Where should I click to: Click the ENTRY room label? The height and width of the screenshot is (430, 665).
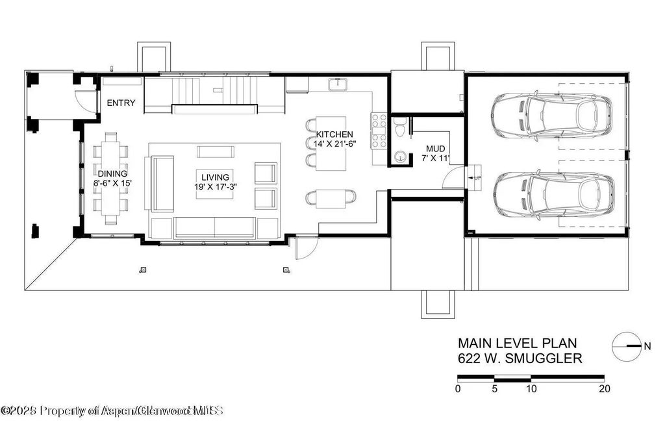(121, 103)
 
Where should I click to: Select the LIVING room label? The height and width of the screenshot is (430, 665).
(215, 177)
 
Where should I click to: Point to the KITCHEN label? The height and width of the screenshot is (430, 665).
(334, 134)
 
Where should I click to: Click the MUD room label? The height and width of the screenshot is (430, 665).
(435, 149)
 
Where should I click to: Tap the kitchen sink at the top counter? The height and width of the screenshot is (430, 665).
(338, 84)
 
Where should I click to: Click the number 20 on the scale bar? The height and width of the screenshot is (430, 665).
(605, 389)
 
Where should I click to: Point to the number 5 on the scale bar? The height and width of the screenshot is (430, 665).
(495, 389)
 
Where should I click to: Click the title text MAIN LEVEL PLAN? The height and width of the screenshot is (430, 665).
(516, 343)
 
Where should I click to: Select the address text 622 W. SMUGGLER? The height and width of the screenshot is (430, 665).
(520, 358)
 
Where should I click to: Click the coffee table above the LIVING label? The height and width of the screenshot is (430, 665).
(215, 151)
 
